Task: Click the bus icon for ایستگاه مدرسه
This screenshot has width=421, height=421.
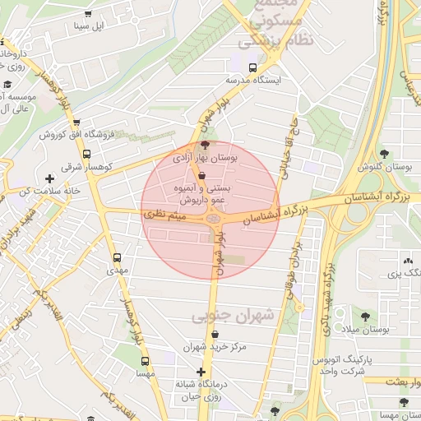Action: [x=252, y=68]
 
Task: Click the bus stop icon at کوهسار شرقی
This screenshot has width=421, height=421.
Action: [x=87, y=153]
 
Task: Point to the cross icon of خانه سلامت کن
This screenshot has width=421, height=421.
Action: [x=50, y=178]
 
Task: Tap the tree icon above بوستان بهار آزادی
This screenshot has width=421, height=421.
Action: [x=205, y=145]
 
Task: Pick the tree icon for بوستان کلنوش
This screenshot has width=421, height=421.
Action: [x=384, y=153]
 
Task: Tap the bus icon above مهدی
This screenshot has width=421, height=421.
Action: [x=117, y=257]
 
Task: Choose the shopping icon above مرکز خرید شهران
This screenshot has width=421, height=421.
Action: [x=216, y=335]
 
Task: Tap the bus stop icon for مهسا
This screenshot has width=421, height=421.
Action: [x=145, y=362]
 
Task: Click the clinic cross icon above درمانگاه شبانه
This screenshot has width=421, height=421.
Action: [x=201, y=372]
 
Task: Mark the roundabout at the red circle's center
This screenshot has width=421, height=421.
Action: [x=214, y=219]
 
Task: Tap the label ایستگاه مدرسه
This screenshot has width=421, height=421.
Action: [x=253, y=81]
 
